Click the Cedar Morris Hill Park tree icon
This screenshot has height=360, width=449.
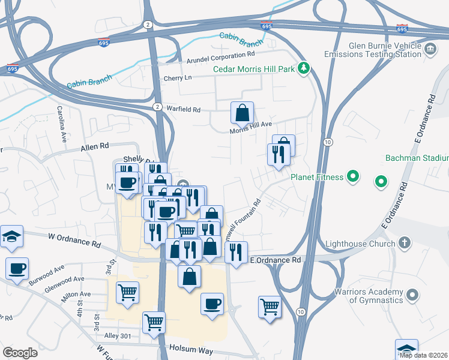(304, 68)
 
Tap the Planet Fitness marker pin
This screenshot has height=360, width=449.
(354, 177)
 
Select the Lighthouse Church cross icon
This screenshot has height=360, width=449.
(405, 243)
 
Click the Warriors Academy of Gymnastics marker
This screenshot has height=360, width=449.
(412, 295)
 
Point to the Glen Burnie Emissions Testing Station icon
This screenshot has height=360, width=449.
(430, 49)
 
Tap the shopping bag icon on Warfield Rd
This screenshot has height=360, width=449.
(242, 112)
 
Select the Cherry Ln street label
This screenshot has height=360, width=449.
(178, 79)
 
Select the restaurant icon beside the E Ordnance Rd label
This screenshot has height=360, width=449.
(237, 252)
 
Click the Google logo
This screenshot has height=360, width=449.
(20, 352)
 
